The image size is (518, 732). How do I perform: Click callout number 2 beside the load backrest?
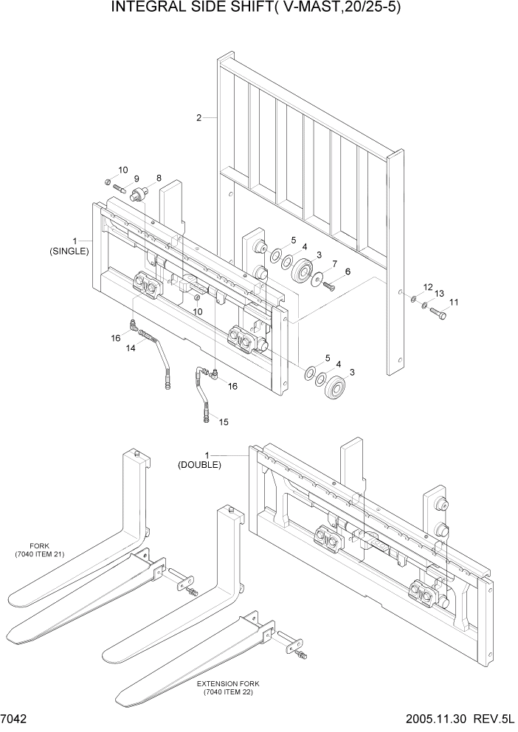pos(199,117)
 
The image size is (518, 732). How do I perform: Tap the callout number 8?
pos(157,179)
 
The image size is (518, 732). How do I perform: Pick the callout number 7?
pos(334,263)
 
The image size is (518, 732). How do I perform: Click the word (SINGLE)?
pos(69,251)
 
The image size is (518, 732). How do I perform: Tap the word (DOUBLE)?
pos(199,465)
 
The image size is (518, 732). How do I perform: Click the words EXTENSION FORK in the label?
pos(222,684)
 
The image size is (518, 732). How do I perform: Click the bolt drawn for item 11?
pos(438,314)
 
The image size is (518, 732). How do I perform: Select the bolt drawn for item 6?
pos(328,286)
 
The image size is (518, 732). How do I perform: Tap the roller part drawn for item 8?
pos(137,195)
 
